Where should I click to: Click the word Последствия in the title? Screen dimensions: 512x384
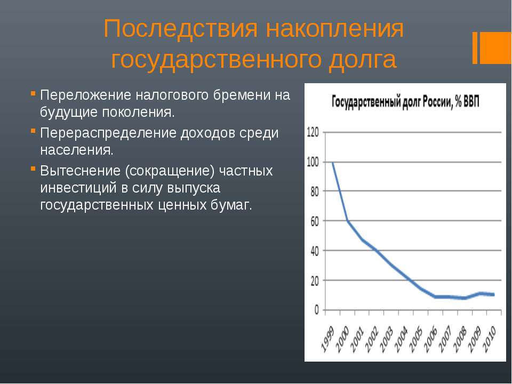point(181,29)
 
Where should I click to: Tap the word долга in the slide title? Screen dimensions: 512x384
point(363,60)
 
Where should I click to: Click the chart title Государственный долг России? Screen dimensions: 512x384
point(405,102)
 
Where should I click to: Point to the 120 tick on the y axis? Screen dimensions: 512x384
point(313,132)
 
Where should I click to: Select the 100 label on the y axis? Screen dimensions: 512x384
point(313,162)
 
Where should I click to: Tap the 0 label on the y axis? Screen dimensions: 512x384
point(316,310)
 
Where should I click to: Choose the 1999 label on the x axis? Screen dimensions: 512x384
point(328,339)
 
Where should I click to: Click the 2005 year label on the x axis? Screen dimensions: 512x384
point(417,339)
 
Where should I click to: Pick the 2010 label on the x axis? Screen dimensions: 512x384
point(490,339)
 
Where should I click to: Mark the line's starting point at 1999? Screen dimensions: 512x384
point(332,162)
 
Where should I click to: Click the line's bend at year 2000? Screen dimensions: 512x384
point(347,221)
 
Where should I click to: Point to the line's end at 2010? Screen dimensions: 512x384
point(494,294)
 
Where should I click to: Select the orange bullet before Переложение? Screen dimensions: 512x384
point(33,93)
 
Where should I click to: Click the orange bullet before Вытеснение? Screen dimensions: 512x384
point(33,169)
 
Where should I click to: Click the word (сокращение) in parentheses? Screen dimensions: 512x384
point(170,171)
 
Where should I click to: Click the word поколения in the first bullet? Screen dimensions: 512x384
point(139,113)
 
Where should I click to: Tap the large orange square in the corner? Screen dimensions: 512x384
point(495,47)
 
